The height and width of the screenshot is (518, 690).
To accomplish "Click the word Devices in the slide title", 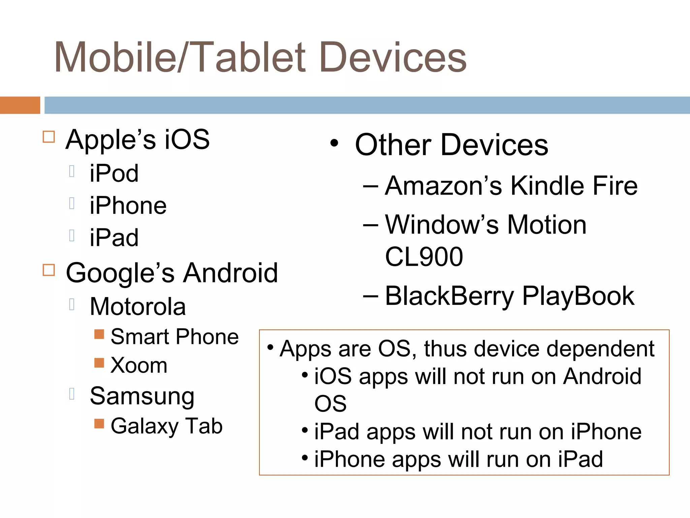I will [393, 57].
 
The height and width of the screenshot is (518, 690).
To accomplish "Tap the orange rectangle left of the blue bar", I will [20, 105].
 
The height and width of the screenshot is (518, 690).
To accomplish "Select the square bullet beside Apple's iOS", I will [49, 137].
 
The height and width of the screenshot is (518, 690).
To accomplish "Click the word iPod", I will [114, 173].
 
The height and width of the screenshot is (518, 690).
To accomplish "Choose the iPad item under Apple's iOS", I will [114, 237].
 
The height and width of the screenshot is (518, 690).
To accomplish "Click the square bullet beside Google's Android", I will [49, 270].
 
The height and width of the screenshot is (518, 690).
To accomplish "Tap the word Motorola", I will [138, 307].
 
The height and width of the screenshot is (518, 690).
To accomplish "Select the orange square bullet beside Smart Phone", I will [99, 334].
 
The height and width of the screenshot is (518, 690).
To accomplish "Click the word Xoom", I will [139, 365].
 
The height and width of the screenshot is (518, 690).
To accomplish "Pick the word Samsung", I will [142, 396].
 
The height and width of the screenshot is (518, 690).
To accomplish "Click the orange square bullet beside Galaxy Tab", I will [99, 424].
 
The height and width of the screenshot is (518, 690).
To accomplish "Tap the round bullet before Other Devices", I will [334, 144].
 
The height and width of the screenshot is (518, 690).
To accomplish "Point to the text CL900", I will [424, 257].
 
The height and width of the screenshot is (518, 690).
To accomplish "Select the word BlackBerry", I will [449, 296].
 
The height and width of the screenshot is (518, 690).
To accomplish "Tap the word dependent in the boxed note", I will [600, 349].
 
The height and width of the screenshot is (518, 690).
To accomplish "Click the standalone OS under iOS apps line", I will [330, 404].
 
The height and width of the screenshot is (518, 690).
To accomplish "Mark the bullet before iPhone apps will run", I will [305, 458].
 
